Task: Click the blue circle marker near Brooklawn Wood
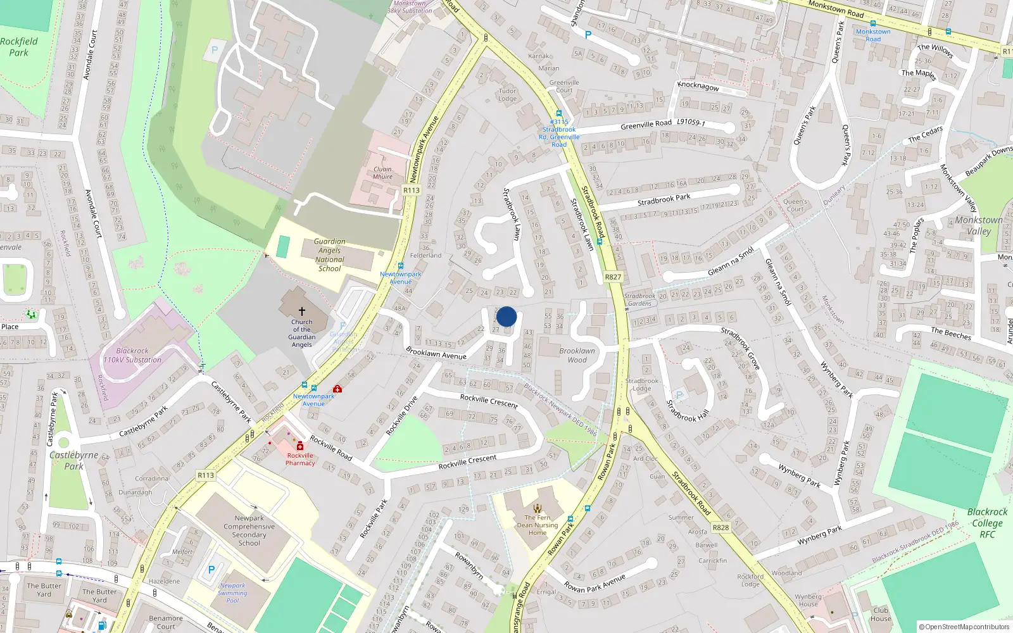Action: tap(507, 316)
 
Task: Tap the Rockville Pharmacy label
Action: tap(300, 459)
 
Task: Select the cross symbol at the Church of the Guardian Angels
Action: tap(302, 311)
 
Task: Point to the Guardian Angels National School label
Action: tap(330, 255)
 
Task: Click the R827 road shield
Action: tap(613, 277)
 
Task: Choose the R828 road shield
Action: tap(720, 527)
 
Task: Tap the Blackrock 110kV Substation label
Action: tap(132, 355)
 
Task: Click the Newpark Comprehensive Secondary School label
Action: tap(249, 530)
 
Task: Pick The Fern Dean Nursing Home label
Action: tap(538, 525)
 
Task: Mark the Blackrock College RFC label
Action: tap(987, 523)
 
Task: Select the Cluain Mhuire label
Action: tap(382, 173)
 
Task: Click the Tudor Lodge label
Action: tap(507, 94)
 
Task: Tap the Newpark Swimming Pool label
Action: tap(232, 593)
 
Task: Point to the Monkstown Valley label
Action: tap(979, 225)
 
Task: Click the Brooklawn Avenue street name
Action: tap(436, 353)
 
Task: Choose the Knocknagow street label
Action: tap(698, 85)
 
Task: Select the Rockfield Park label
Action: tap(19, 47)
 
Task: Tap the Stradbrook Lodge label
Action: tap(642, 385)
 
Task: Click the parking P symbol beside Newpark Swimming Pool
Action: tap(211, 570)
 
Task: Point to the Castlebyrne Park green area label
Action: tap(73, 460)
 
